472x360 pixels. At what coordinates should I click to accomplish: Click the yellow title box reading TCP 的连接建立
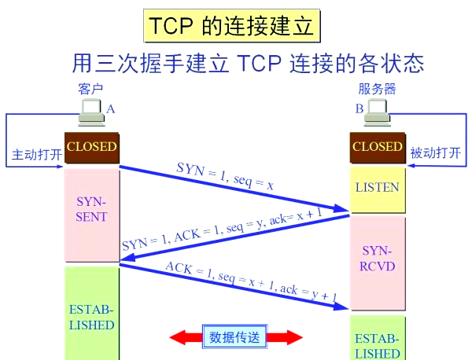[x=230, y=27]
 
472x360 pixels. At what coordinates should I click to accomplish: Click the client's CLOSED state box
[x=91, y=147]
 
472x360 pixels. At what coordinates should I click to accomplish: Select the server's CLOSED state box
[x=377, y=147]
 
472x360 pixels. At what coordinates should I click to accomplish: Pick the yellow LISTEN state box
[x=378, y=189]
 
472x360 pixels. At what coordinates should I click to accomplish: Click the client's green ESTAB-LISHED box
[x=91, y=314]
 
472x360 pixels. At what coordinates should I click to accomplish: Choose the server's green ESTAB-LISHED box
[x=378, y=342]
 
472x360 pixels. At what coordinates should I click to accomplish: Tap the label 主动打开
[x=36, y=154]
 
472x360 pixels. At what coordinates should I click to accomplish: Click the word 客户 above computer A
[x=91, y=90]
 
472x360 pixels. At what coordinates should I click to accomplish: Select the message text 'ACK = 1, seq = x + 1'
[x=251, y=281]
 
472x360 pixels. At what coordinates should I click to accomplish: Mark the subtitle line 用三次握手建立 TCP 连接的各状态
[x=253, y=63]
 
